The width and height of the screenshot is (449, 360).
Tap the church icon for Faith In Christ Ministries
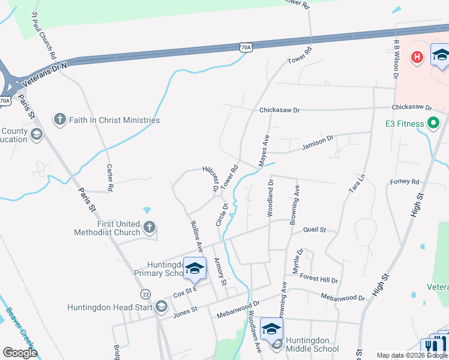pos(59,120)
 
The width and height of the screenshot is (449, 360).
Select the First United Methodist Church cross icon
pos(149,227)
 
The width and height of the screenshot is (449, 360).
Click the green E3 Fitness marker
pos(433,124)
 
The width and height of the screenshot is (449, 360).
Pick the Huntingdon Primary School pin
pos(194,269)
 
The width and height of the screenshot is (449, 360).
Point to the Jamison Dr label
pos(317,142)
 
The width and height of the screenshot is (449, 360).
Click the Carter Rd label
pos(110,178)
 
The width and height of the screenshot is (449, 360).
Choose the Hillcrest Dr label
pos(209,178)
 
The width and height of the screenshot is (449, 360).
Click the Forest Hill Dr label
pos(319,280)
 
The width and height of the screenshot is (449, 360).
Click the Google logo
pos(20,353)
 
